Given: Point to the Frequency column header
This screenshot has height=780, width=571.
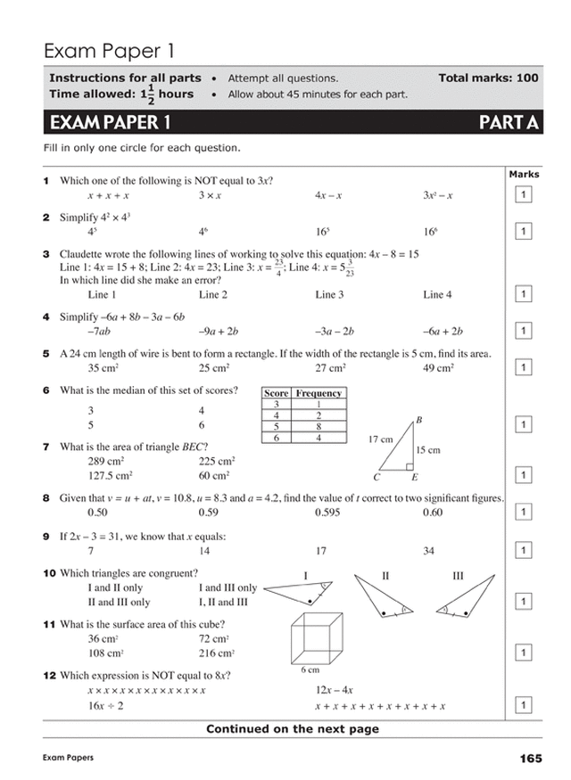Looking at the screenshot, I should tap(319, 393).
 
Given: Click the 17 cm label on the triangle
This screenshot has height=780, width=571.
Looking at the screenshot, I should tap(380, 439).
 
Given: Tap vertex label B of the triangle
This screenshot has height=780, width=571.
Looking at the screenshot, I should tap(419, 420).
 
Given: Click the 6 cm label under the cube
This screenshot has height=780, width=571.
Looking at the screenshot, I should tap(310, 669).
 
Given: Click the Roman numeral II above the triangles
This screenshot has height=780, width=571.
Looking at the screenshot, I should tap(385, 577).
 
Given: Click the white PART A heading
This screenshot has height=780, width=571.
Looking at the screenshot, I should tap(509, 122).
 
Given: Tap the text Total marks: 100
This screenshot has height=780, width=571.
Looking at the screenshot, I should tap(488, 78).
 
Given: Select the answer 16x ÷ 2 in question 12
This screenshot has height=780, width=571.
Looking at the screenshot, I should tap(105, 706).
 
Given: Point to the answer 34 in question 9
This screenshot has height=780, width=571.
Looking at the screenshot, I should tap(429, 551).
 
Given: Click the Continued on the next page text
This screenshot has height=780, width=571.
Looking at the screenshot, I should tap(292, 729).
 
